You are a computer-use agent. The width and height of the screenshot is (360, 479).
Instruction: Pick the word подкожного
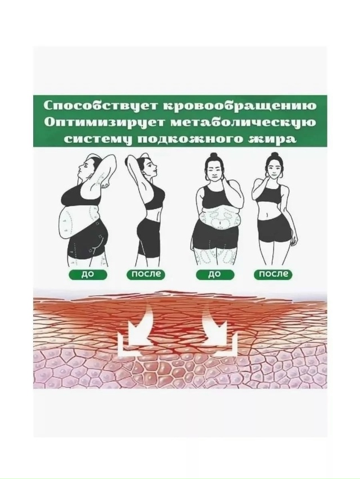[x=188, y=139]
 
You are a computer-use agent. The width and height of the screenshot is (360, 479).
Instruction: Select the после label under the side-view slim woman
[x=146, y=275]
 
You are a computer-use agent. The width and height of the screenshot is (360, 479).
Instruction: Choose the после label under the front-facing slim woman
[x=274, y=275]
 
